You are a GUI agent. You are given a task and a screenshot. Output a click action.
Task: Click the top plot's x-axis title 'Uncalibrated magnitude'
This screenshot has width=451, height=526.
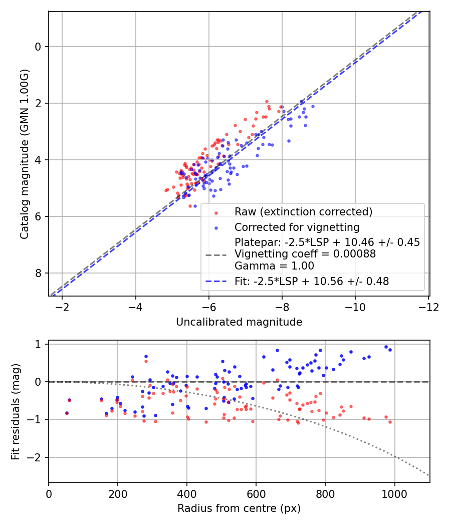tap(239, 322)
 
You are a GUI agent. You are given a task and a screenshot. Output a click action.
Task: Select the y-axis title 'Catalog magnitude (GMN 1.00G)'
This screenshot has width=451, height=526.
tap(25, 154)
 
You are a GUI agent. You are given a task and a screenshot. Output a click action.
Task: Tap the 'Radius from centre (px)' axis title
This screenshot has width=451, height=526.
tap(239, 508)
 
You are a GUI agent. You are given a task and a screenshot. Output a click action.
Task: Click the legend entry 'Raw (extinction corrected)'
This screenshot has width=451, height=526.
tap(303, 212)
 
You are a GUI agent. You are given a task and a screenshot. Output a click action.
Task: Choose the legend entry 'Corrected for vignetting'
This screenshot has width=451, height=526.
tap(297, 227)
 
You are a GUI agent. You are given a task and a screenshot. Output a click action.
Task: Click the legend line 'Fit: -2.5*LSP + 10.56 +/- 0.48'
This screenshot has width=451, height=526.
tap(312, 282)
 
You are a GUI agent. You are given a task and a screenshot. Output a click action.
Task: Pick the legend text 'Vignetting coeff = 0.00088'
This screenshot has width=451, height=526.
tap(305, 254)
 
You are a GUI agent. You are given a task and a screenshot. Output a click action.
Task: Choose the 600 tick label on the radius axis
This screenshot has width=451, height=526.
tap(256, 493)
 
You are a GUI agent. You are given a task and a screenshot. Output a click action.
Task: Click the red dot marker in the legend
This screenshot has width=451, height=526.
tap(216, 212)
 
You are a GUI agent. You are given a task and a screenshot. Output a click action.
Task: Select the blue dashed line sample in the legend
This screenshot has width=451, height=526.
tap(216, 282)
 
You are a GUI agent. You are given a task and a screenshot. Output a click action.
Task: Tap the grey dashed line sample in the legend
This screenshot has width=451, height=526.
tap(216, 254)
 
